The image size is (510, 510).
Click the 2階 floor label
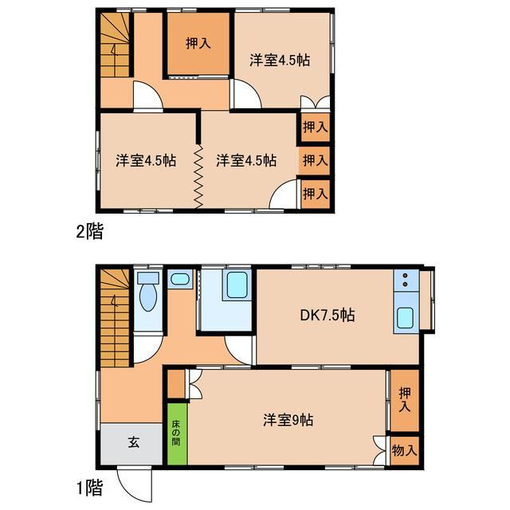(90, 232)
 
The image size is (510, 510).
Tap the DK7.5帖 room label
(328, 316)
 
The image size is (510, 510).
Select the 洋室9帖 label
(288, 420)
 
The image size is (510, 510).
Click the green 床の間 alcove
(178, 433)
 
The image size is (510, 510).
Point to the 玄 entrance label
(134, 442)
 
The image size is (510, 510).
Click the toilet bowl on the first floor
(148, 296)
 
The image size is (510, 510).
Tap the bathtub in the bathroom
(237, 285)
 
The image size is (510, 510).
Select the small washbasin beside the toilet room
(180, 279)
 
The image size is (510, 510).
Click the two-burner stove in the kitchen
(406, 280)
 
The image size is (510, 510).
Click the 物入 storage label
(404, 450)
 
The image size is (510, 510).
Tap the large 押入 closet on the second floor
(198, 44)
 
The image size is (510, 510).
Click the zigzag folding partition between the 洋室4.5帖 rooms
(198, 177)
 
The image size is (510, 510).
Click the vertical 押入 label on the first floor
(405, 400)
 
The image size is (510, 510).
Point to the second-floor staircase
(115, 45)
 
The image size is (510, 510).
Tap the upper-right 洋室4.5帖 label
(280, 61)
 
